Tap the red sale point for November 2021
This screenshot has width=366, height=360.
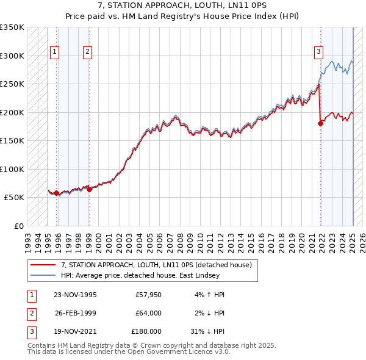tap(320, 123)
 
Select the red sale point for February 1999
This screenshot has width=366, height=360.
tap(89, 189)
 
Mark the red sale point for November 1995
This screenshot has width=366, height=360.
tap(57, 193)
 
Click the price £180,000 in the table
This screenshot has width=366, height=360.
tap(146, 331)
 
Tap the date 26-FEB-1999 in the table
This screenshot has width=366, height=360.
tap(76, 313)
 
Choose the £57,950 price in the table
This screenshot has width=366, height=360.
tap(148, 295)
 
